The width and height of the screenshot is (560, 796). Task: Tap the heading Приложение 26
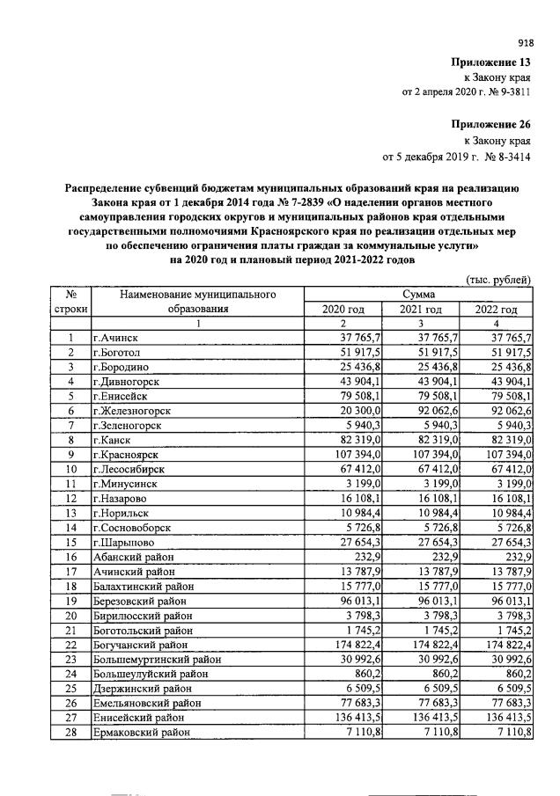(492, 124)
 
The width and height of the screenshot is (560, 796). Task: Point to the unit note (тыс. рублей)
(498, 280)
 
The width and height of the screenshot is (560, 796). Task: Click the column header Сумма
(418, 294)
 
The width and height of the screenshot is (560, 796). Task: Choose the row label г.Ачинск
(117, 337)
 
